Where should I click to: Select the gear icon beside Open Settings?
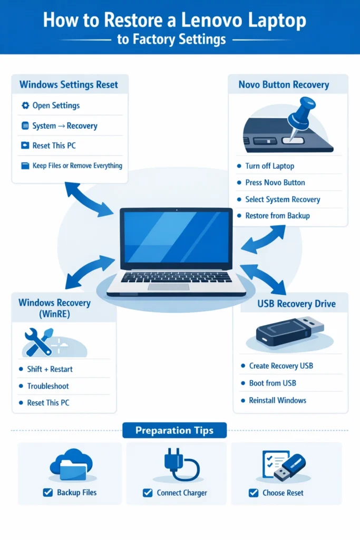[25, 105]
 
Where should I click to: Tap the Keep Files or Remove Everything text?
[77, 166]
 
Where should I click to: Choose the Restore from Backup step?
[277, 216]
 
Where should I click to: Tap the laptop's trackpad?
[168, 287]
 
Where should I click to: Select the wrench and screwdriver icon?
[38, 341]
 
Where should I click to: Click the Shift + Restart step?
[50, 369]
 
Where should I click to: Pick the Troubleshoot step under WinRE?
[48, 386]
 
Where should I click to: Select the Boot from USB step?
[273, 383]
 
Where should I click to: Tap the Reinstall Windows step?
[277, 400]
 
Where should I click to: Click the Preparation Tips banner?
[174, 430]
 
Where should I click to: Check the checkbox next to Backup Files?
[47, 493]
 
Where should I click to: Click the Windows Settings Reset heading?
[69, 84]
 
